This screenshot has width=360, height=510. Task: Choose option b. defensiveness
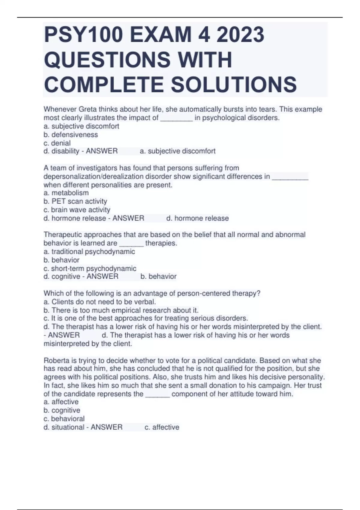point(71,135)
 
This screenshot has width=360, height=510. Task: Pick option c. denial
point(57,143)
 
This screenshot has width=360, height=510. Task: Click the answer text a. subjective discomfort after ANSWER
point(178,151)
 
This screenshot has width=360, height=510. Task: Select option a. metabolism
point(66,193)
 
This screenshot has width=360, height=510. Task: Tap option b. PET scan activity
point(75,201)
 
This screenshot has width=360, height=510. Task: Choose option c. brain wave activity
point(77,210)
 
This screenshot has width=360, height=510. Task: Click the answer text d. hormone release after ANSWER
point(197,218)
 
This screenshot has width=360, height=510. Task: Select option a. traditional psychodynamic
point(89,252)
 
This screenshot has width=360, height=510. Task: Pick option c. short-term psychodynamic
point(90,268)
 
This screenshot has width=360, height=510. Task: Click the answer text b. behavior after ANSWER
point(158,277)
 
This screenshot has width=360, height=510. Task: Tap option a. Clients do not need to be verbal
point(100,302)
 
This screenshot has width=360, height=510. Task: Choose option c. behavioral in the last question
point(64,419)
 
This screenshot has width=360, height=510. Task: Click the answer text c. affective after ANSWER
point(162,427)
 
